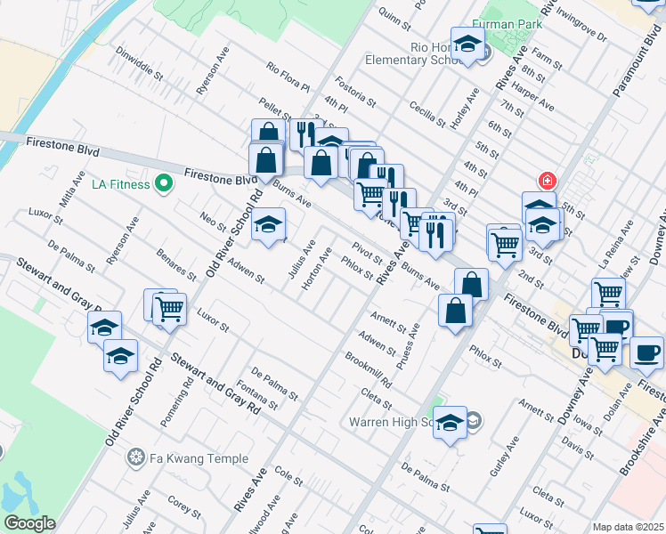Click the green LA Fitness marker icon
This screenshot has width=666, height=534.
coord(163,185)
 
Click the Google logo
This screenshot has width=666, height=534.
coord(29,523)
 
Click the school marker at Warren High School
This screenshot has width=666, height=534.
coord(450,423)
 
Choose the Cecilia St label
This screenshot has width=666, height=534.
coord(427,114)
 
